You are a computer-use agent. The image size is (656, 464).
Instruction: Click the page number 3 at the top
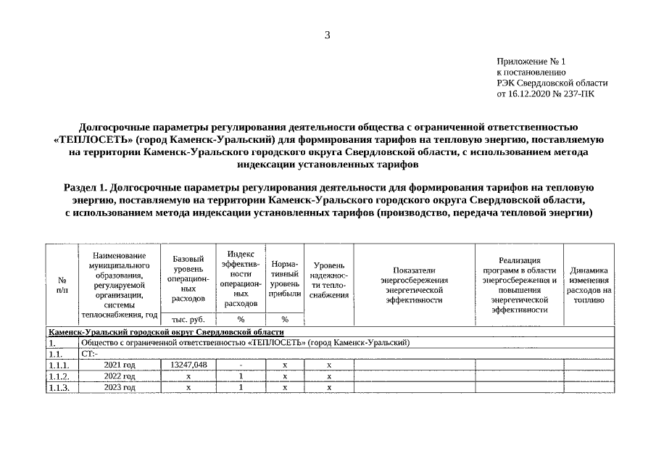tap(327, 35)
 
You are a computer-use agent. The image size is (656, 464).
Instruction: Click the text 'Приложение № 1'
tap(531, 62)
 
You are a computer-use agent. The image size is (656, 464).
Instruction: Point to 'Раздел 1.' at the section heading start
tap(88, 187)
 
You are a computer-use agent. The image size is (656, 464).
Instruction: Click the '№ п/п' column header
tap(62, 285)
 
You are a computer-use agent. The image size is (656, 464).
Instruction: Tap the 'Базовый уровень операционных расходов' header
tap(188, 278)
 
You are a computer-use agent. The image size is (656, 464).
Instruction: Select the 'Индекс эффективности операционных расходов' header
tap(240, 278)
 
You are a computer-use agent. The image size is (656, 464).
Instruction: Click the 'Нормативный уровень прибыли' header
tap(285, 278)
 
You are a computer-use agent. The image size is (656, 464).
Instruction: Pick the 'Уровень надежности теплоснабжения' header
tap(328, 280)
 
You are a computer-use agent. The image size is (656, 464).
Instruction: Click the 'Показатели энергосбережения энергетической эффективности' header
tap(414, 284)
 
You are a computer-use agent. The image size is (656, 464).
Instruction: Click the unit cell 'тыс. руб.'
tap(188, 319)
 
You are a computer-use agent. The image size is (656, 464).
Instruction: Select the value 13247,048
tap(188, 365)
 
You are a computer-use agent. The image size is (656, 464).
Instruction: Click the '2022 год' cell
tap(120, 376)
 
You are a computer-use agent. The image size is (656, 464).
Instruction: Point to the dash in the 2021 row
tap(240, 365)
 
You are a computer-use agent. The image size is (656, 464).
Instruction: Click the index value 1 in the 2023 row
tap(240, 388)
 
